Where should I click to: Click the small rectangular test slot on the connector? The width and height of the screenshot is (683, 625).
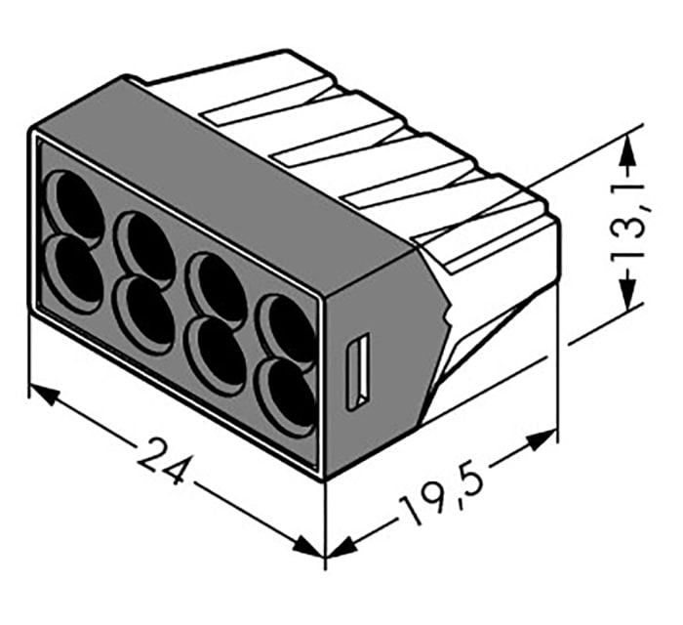(359, 371)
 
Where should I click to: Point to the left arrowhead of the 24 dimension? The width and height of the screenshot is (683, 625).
(42, 394)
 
